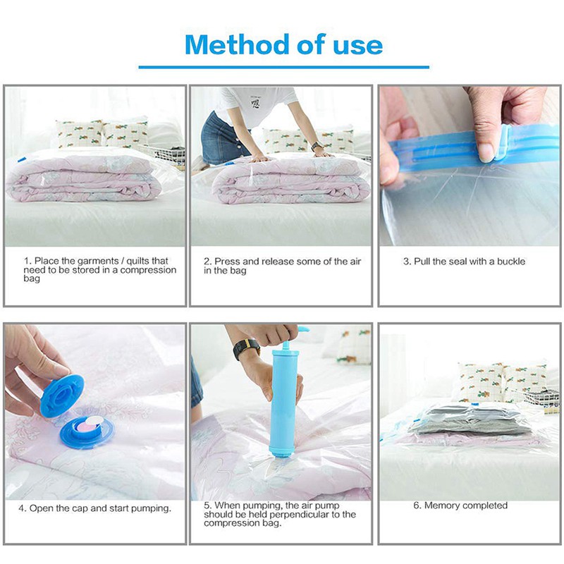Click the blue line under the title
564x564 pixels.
284,67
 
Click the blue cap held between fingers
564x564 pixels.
62,396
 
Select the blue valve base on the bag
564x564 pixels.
87,432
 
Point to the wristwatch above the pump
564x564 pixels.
246,348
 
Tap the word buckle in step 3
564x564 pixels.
511,262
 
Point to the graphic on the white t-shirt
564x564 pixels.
255,103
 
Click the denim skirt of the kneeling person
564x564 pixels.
220,138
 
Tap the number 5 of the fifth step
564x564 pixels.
207,505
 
